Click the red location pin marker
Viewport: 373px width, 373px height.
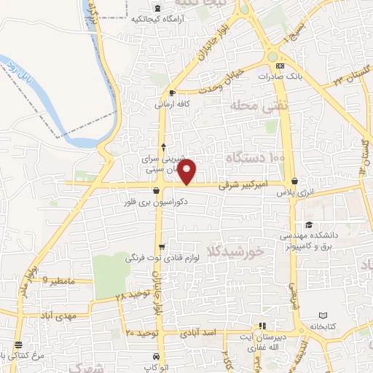point(188,170)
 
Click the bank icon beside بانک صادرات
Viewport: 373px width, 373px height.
point(280,66)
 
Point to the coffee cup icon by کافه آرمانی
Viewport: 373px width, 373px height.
point(172,93)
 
